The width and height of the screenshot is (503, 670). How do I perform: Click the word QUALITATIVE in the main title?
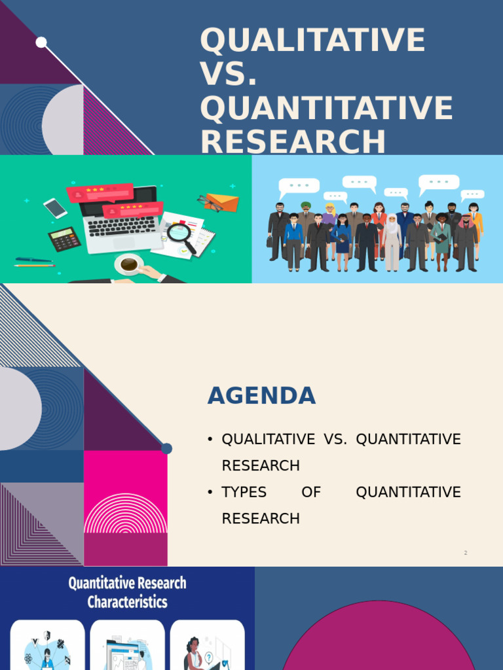tap(312, 41)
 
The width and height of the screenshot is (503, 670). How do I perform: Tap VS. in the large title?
tap(229, 75)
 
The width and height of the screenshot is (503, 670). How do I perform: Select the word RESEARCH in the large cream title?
tap(293, 142)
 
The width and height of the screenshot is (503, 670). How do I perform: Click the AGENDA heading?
tap(261, 396)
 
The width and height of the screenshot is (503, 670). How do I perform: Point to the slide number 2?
tap(466, 553)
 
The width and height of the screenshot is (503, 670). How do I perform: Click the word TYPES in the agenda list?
tap(243, 492)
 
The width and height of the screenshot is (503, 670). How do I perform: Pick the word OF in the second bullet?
tap(311, 492)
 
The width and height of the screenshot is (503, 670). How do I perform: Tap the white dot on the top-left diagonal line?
tap(41, 43)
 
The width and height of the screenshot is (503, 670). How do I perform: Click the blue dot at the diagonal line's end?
tap(166, 448)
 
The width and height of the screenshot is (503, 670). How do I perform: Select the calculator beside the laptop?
tap(64, 239)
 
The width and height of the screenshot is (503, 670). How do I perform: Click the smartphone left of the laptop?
tap(56, 208)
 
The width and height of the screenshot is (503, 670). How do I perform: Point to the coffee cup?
tap(129, 264)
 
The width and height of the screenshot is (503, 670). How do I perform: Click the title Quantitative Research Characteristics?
tap(127, 592)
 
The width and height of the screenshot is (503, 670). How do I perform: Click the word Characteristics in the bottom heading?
tap(127, 602)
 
